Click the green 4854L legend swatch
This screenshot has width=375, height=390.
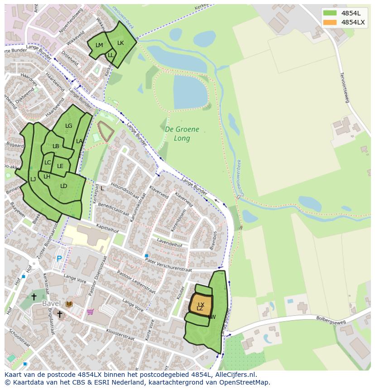[330, 13]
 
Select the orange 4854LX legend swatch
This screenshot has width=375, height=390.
[330, 22]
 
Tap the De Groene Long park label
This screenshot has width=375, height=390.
[182, 134]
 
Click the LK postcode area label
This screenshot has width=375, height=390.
[120, 43]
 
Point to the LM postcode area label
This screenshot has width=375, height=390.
[99, 45]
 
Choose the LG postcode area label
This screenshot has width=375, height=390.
[68, 126]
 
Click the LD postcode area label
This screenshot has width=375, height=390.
[64, 186]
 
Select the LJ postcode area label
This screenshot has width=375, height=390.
[33, 179]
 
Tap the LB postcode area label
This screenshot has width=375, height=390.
[56, 146]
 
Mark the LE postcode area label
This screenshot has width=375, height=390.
[60, 166]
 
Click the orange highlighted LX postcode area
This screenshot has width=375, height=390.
[201, 305]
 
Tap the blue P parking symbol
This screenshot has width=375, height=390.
[59, 259]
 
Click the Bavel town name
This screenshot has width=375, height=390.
[51, 303]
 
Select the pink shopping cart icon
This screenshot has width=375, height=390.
[90, 312]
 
